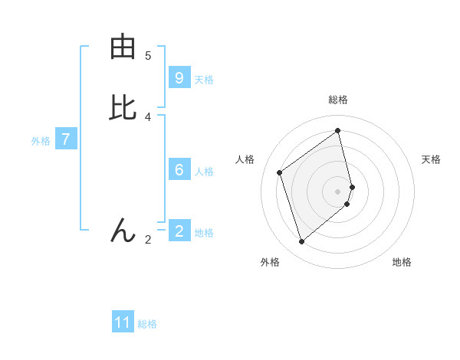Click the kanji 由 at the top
click(123, 47)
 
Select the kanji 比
click(123, 108)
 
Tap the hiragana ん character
click(123, 230)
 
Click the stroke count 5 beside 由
click(148, 55)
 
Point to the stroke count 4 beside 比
click(148, 116)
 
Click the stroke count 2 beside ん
click(148, 240)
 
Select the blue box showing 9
click(179, 77)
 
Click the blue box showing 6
click(179, 170)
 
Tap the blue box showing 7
click(66, 139)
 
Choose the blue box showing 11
click(123, 322)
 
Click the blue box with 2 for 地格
click(179, 231)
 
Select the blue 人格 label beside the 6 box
click(204, 172)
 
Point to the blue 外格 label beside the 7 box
click(40, 141)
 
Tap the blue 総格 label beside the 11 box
click(147, 324)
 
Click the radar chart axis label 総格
click(338, 100)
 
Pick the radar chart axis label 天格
click(431, 159)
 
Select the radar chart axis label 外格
click(270, 262)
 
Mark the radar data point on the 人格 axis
click(280, 172)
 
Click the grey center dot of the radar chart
click(338, 191)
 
